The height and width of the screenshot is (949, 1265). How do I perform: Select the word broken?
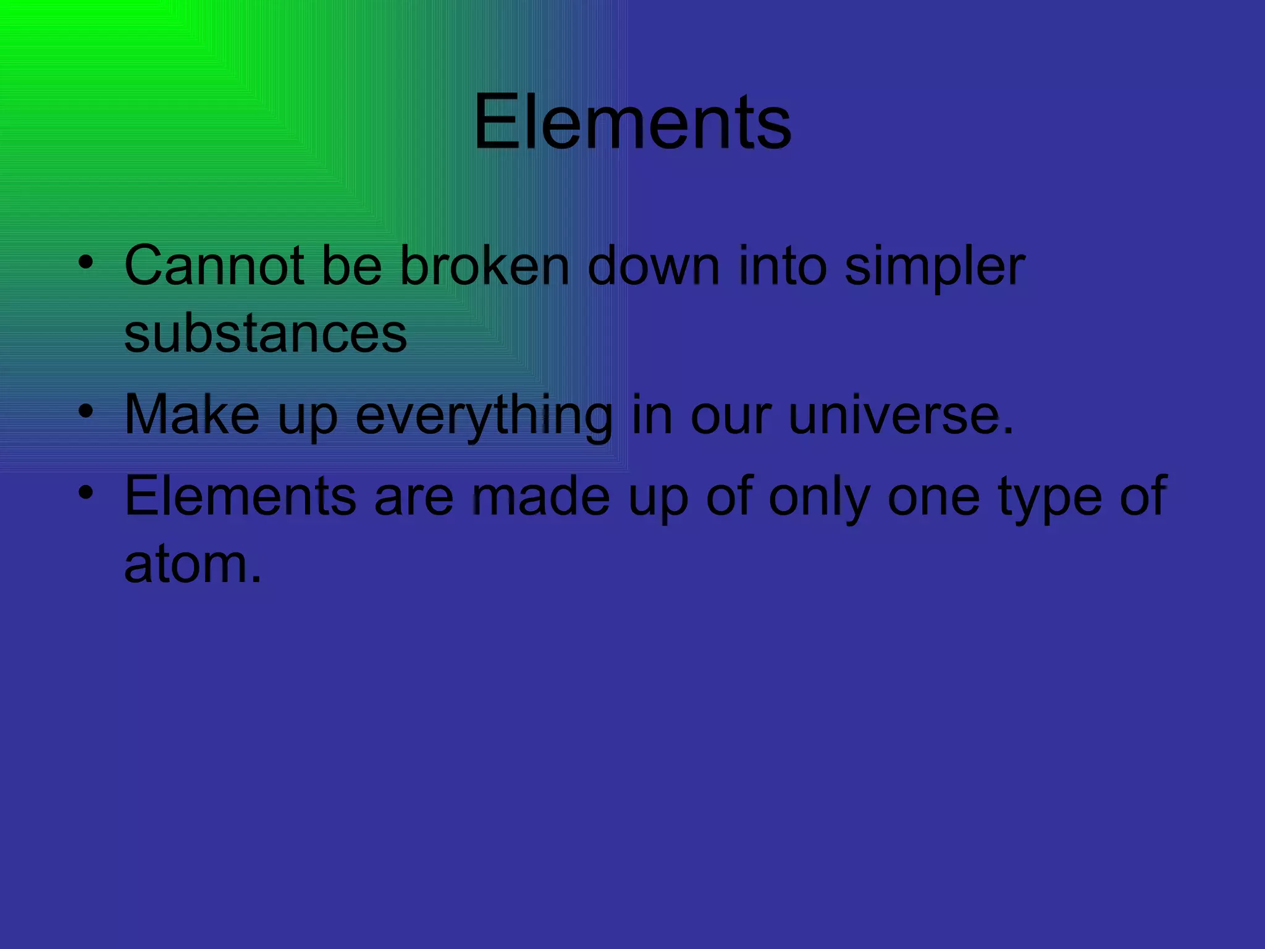click(485, 266)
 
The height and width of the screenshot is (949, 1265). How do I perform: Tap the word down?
click(654, 266)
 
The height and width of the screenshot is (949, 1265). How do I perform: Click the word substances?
click(266, 334)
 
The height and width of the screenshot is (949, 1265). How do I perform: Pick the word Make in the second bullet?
click(192, 415)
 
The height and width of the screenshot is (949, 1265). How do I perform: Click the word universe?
click(901, 415)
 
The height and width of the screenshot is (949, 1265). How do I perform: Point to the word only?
click(820, 498)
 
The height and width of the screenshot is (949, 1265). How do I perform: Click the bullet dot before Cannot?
click(86, 262)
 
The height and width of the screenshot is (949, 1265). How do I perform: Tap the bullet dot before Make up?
click(86, 411)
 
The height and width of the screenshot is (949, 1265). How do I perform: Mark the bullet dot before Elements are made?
click(86, 492)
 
